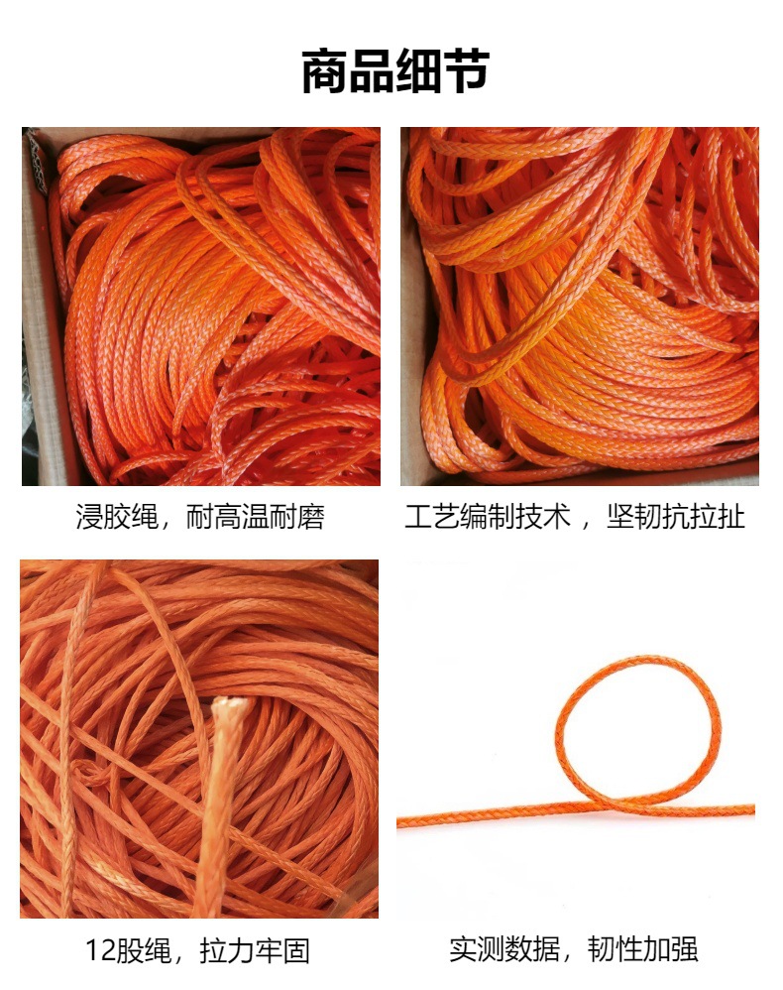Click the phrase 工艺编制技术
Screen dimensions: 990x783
[x=488, y=517]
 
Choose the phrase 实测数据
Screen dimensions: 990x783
[x=503, y=949]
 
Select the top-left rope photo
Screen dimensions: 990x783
[x=200, y=307]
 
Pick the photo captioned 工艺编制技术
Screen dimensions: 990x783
[x=580, y=307]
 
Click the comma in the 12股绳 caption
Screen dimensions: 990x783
[x=182, y=958]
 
